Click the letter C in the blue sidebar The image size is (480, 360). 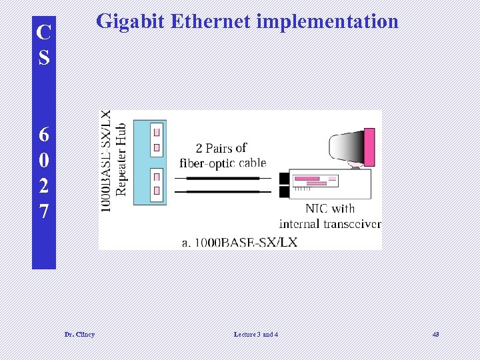pos(44,33)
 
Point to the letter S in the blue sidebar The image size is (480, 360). pos(44,58)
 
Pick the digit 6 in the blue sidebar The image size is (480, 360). pos(44,135)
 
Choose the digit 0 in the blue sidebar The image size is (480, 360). pos(44,161)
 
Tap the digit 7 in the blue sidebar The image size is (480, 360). pos(44,212)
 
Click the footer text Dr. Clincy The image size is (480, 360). pos(79,334)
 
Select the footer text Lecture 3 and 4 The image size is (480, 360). pos(256,334)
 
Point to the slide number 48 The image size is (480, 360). pos(435,334)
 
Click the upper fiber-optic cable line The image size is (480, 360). pos(223,179)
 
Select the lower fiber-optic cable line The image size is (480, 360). pos(223,191)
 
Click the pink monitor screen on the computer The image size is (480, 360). pos(368,147)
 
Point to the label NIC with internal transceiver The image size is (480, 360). pos(330,216)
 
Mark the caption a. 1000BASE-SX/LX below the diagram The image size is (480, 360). pos(239,242)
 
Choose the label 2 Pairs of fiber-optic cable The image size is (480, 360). pos(222,155)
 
